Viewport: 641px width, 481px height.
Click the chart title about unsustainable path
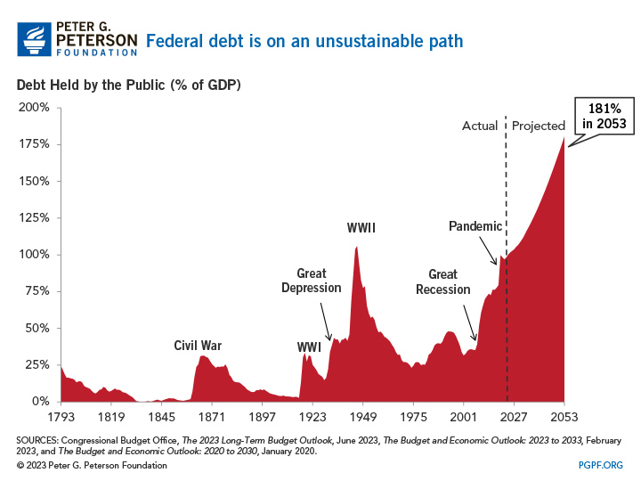coord(304,41)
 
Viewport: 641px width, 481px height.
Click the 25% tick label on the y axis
coord(37,365)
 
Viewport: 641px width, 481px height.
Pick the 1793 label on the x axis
coord(61,416)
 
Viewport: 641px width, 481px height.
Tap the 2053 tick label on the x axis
coord(564,416)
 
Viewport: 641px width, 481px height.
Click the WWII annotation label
coord(361,228)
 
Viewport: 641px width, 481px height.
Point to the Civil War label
coord(198,346)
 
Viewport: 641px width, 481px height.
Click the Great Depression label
coord(312,281)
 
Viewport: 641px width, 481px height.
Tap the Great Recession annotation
coord(442,282)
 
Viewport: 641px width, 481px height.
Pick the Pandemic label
coord(475,226)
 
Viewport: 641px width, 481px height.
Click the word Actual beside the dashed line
coord(480,126)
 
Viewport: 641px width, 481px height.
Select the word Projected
coord(539,126)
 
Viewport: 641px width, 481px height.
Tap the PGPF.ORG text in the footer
coord(600,465)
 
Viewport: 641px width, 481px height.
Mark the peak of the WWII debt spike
coord(356,247)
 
